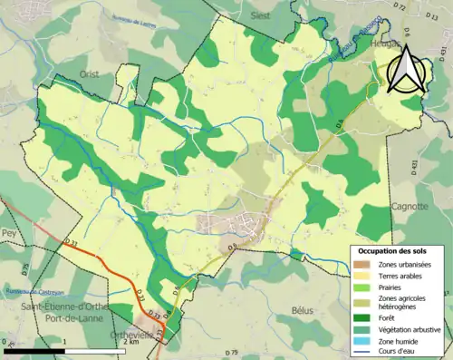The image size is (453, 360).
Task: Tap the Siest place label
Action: [x=235, y=15]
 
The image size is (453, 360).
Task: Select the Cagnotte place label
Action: [x=410, y=206]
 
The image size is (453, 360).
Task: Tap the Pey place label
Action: [x=10, y=232]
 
